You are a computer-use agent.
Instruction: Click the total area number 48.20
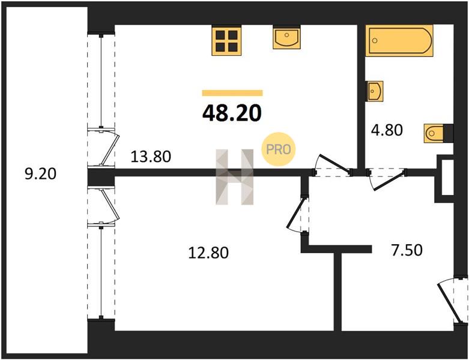tap(232, 113)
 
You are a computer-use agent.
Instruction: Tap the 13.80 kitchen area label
tap(151, 156)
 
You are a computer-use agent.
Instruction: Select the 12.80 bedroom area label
tap(208, 253)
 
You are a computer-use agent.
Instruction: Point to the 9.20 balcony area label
tap(40, 173)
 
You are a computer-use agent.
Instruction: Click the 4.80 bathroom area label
tap(387, 130)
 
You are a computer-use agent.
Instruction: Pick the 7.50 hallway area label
tap(407, 250)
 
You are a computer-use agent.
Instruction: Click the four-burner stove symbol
tap(226, 41)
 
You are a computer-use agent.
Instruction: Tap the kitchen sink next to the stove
tap(286, 37)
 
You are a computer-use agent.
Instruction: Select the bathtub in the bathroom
tap(399, 41)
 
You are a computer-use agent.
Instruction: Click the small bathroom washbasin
tap(375, 91)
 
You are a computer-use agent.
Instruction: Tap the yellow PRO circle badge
tap(279, 149)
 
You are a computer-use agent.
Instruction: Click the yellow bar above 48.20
tap(232, 93)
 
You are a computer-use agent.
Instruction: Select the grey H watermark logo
tap(235, 177)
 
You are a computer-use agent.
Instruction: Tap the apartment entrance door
tap(453, 300)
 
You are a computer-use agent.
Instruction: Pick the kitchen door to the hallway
tap(332, 165)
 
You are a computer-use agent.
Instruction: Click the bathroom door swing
tap(386, 179)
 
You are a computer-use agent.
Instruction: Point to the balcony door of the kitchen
tap(104, 147)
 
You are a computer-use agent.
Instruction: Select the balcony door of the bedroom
tap(104, 206)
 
